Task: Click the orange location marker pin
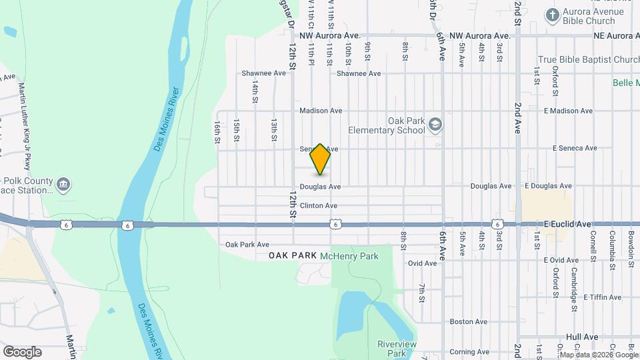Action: [x=320, y=159]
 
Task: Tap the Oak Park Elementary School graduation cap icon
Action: [x=435, y=124]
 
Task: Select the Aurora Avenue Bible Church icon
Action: [x=552, y=14]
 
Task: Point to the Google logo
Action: [x=22, y=352]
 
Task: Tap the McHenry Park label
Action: [x=349, y=256]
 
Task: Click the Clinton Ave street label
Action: [x=319, y=206]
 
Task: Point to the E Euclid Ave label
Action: [x=567, y=225]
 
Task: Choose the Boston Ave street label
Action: [x=465, y=321]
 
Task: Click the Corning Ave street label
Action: [x=465, y=352]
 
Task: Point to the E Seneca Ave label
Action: [x=570, y=148]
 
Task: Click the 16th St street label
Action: [x=217, y=131]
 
